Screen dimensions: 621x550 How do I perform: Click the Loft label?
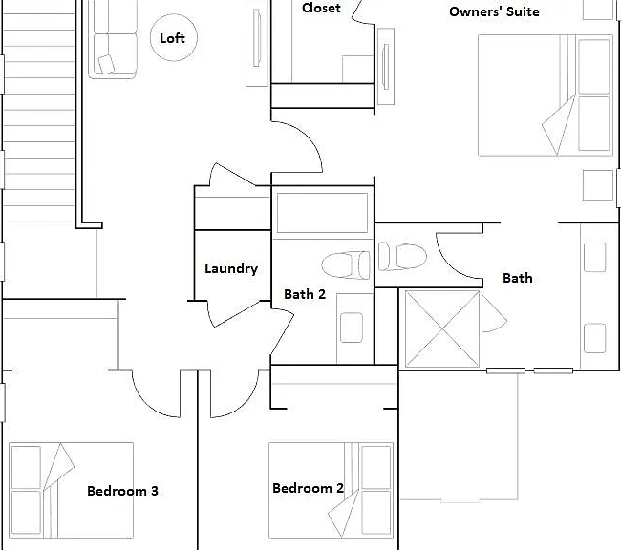[172, 38]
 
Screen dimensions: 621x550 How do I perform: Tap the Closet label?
[321, 8]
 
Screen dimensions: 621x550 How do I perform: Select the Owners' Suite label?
[494, 11]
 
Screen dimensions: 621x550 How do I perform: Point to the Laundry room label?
[231, 269]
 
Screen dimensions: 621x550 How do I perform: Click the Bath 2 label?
[305, 294]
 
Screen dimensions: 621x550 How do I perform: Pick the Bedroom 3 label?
[122, 491]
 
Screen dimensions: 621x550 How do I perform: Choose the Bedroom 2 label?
[308, 488]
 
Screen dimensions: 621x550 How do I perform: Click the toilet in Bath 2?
[346, 264]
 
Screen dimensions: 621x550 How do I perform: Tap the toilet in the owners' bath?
[402, 257]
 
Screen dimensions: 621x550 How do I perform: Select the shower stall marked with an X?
[442, 328]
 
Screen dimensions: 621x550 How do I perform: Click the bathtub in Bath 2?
[322, 213]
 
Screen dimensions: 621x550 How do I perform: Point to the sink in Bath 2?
[352, 328]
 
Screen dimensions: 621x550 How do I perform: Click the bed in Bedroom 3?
[72, 490]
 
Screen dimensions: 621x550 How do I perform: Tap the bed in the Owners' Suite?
[546, 95]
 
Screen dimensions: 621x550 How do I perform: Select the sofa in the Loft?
[113, 39]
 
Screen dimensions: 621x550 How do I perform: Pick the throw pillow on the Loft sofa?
[106, 64]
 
